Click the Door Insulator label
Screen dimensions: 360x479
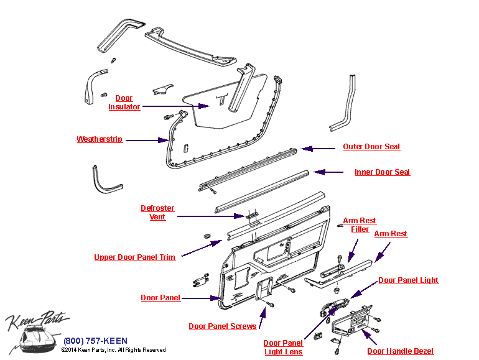click(124, 103)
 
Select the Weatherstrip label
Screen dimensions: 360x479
click(100, 139)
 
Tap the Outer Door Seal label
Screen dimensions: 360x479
click(371, 147)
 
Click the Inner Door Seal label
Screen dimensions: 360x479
click(382, 172)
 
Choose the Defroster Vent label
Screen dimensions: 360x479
click(157, 213)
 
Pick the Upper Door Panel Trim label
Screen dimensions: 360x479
click(134, 257)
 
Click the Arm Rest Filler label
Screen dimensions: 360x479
click(360, 225)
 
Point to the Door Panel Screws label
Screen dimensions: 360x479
click(222, 326)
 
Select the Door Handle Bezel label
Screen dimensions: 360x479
click(400, 351)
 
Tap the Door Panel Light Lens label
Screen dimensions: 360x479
click(283, 348)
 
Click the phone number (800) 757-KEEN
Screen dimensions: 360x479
click(95, 341)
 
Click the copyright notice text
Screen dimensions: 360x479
click(113, 350)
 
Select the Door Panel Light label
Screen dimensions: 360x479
click(408, 280)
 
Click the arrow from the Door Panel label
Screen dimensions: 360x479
click(202, 298)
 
